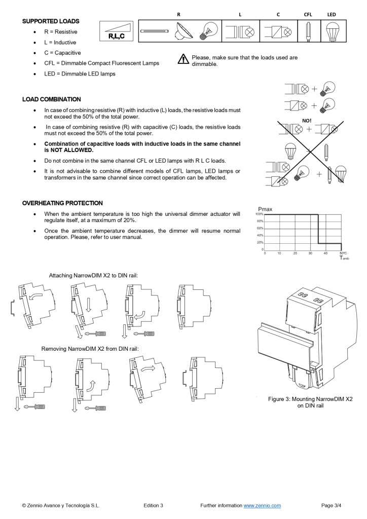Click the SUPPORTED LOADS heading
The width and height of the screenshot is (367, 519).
coord(51,21)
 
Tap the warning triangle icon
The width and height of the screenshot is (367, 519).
coord(183,60)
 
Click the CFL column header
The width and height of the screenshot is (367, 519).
coord(308,15)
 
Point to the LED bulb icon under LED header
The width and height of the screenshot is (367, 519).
coord(332,31)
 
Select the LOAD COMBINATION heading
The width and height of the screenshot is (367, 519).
coord(51,99)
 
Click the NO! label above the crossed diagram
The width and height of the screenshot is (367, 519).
coord(307,121)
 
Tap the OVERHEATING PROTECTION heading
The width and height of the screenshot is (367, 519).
coord(62,203)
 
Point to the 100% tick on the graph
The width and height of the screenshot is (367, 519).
coord(259,214)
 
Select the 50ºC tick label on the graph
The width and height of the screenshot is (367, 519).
coord(343,253)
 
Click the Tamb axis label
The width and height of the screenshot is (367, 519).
coord(344,258)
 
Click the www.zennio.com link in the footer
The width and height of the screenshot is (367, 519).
coord(262,505)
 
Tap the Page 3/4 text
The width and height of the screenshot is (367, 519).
coord(332,505)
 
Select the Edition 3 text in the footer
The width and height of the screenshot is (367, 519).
coord(154,505)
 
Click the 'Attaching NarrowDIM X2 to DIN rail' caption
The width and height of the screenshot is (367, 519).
coord(93,276)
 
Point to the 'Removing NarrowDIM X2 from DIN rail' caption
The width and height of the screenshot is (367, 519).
coord(90,349)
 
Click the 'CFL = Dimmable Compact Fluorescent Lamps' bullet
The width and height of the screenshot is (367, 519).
coord(101,63)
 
